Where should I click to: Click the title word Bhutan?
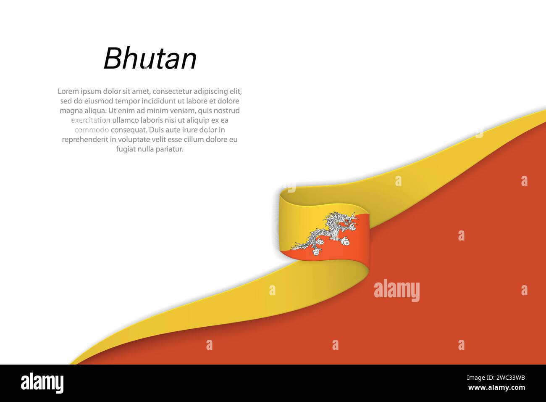pos(150,59)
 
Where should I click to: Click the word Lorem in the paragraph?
pos(67,91)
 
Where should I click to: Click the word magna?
pos(70,111)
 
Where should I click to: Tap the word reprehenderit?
pos(85,140)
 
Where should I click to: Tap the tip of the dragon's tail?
pos(296,244)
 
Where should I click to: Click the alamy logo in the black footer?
pos(42,383)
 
